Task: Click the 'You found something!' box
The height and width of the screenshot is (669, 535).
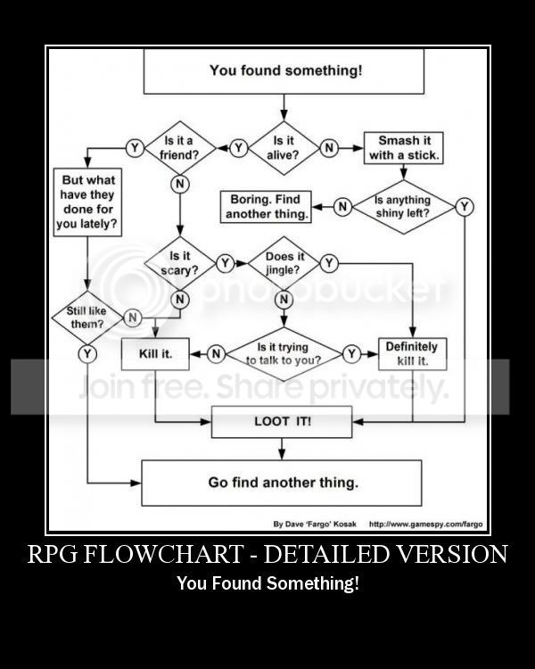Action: coord(284,70)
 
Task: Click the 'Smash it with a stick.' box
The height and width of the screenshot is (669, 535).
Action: coord(404,148)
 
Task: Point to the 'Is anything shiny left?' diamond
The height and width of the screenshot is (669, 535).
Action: coord(402,207)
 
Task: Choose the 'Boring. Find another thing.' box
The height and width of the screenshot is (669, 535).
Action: coord(265,207)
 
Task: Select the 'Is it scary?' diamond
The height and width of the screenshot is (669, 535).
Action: coord(179,262)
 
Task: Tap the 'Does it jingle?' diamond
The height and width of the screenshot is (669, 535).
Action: coord(284,262)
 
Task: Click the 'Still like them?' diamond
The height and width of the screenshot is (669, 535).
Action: coord(87,317)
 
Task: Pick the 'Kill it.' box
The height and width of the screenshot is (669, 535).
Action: coord(155,354)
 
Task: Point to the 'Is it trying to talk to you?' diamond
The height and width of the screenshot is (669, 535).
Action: coord(284,354)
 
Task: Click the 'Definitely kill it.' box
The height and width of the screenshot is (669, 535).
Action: coord(412,354)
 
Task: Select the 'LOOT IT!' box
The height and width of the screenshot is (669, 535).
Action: coord(283,420)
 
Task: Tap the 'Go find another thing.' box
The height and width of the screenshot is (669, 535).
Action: coord(283,483)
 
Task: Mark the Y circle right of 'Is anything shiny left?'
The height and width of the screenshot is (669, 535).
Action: coord(465,207)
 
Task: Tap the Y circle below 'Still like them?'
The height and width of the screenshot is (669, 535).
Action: coord(87,354)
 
